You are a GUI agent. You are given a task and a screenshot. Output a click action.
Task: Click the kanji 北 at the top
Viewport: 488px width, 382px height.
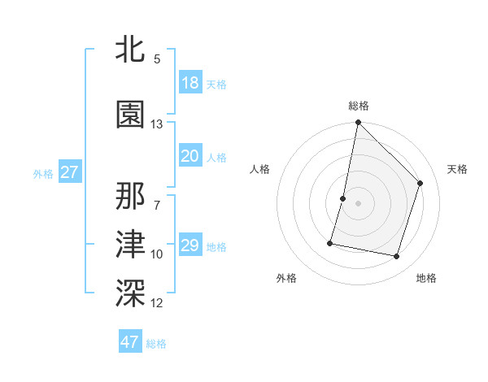130,50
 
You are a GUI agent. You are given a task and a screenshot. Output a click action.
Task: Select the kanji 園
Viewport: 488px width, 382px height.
130,115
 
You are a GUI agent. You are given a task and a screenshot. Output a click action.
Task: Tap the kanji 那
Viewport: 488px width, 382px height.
130,195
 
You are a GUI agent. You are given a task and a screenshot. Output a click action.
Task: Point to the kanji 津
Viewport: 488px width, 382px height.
130,244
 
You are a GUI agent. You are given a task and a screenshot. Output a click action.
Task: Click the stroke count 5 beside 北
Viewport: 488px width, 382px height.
156,59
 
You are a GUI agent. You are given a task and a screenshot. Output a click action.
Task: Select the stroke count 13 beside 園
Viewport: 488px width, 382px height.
157,124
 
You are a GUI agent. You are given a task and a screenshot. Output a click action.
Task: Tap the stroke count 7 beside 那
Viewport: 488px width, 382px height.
156,205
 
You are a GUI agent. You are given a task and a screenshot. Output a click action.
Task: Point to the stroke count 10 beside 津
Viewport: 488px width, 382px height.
157,254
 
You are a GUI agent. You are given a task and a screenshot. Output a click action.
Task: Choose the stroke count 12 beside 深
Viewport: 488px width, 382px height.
157,303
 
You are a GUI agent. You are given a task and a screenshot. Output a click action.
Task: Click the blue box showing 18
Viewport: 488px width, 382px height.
190,83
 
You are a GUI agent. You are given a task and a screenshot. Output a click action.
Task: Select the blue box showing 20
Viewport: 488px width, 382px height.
190,156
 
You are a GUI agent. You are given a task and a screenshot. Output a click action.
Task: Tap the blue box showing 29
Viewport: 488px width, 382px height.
190,245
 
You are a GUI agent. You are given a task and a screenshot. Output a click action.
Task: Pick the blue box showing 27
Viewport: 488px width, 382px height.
69,172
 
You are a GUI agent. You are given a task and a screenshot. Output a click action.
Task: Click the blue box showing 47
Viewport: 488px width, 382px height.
130,342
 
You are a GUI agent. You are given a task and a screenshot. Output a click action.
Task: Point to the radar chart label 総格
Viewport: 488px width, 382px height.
358,106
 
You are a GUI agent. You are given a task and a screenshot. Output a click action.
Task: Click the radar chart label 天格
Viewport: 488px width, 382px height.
457,169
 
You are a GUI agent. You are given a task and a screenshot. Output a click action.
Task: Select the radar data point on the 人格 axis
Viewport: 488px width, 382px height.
343,198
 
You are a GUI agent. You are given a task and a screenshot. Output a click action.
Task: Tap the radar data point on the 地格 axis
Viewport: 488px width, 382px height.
396,257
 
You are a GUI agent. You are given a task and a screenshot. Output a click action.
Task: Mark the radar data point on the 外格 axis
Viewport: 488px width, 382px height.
330,242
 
